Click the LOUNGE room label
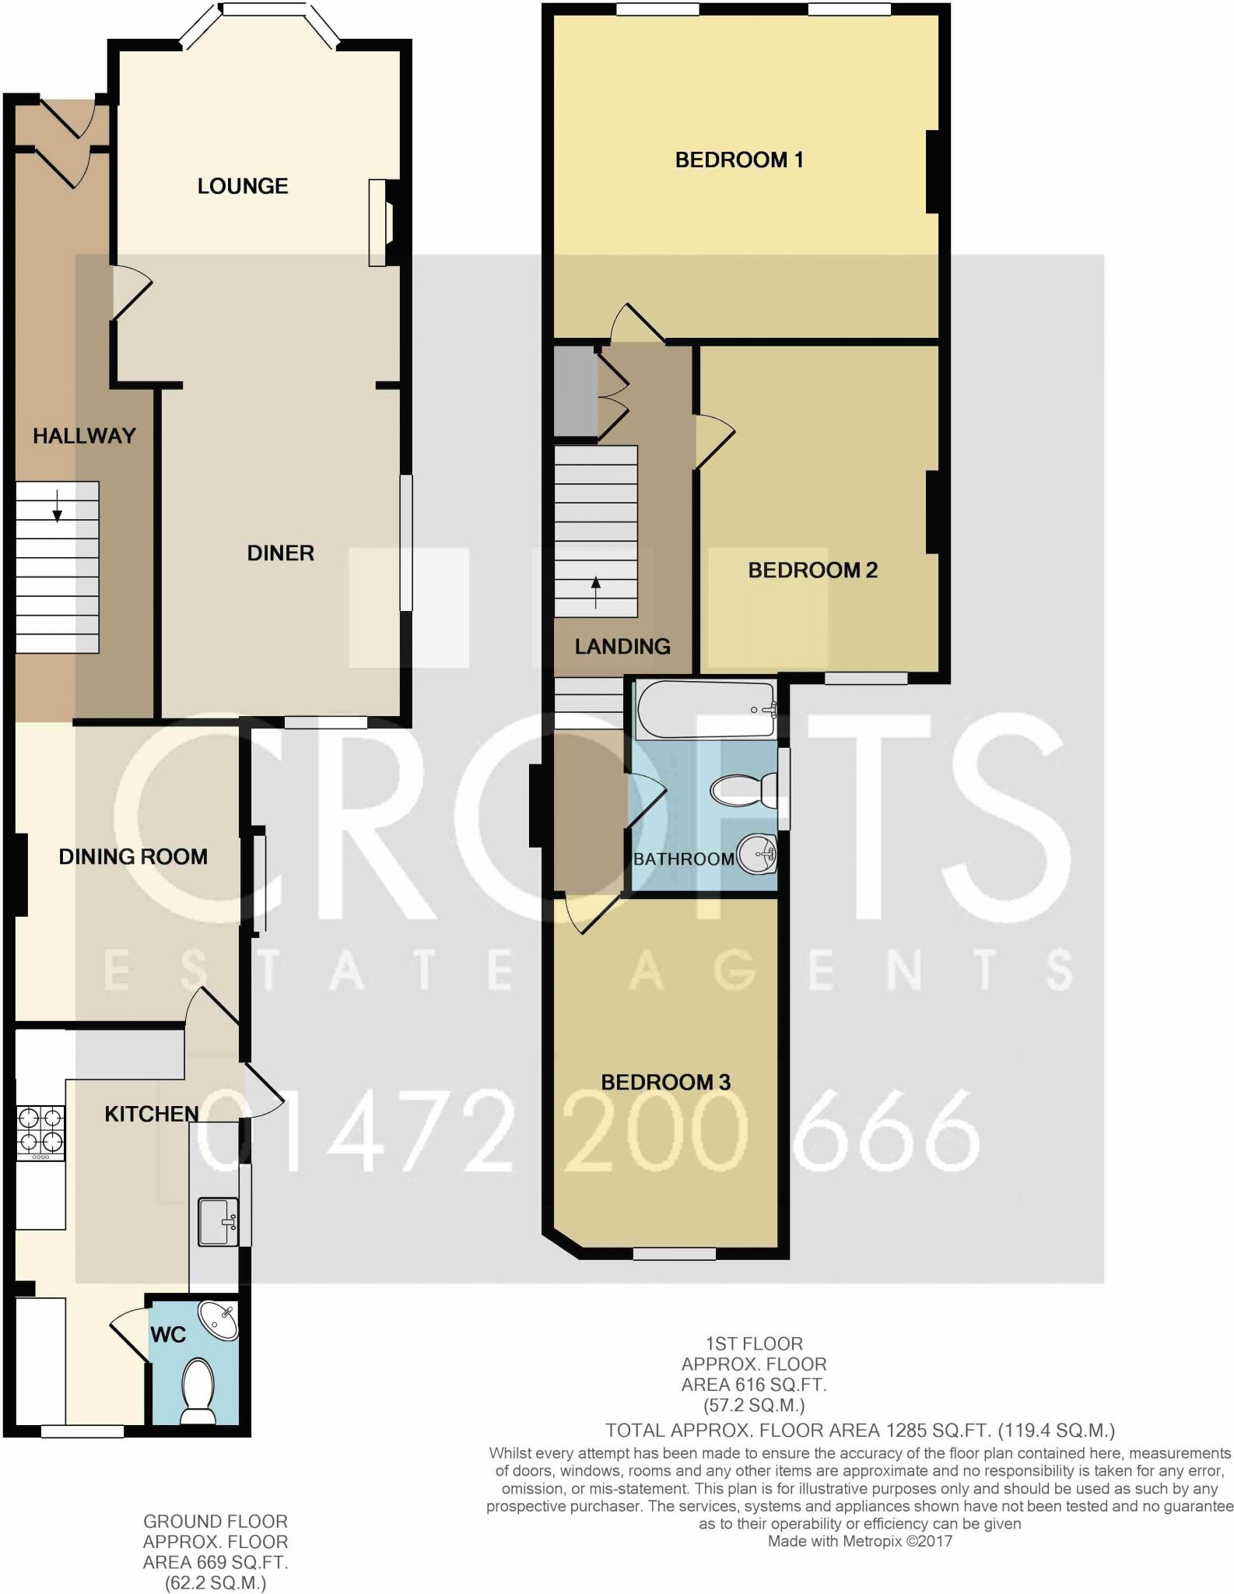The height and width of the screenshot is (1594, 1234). coord(243,186)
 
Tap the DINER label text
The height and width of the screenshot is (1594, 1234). coord(280,553)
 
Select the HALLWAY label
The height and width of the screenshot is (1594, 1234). coord(84,436)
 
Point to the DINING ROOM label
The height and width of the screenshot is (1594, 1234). coord(133,857)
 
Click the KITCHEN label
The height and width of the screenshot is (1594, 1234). coord(151,1114)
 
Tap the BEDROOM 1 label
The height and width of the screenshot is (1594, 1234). coord(738,160)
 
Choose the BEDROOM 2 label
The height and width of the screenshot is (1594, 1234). coord(812,571)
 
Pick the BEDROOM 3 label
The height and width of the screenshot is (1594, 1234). coord(665,1082)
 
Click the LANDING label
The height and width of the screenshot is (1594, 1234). coord(622,646)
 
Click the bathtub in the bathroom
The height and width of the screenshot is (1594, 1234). coord(705,709)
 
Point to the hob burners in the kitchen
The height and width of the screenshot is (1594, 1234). coord(40,1131)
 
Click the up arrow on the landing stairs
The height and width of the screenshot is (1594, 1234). coord(596,592)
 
